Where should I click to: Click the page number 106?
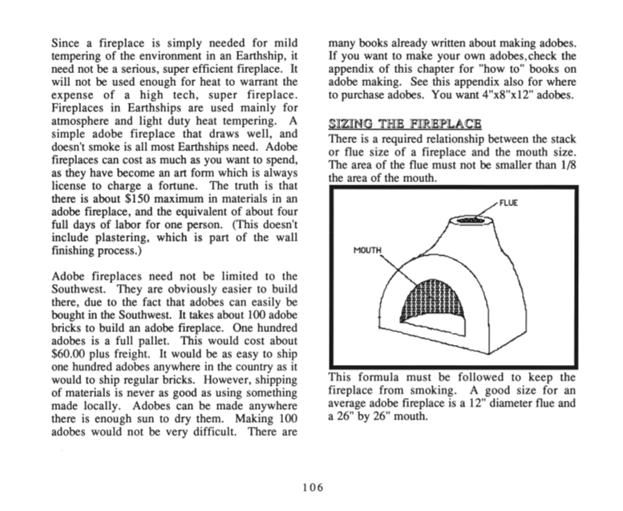pyautogui.click(x=312, y=488)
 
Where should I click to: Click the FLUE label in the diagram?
pyautogui.click(x=508, y=203)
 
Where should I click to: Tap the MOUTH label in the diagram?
pyautogui.click(x=369, y=250)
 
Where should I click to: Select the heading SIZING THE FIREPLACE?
pyautogui.click(x=405, y=124)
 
